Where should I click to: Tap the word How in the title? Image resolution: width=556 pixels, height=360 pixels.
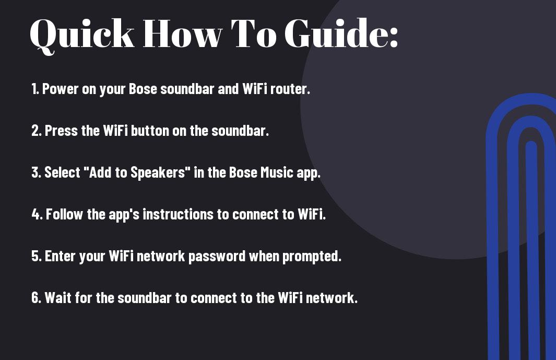[182, 33]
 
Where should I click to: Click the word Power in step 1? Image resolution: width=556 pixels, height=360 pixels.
[60, 89]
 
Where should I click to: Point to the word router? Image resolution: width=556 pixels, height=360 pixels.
[290, 89]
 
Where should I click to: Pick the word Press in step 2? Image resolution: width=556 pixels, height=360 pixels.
[62, 131]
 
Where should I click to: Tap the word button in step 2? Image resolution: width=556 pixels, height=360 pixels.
[150, 131]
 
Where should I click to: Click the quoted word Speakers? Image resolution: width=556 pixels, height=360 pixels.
[158, 173]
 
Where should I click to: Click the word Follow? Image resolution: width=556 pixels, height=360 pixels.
[65, 214]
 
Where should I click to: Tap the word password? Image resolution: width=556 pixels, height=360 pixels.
[217, 257]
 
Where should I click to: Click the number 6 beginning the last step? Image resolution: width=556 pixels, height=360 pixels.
[36, 297]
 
